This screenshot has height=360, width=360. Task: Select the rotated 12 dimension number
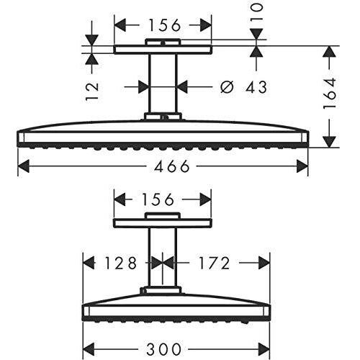(x=91, y=90)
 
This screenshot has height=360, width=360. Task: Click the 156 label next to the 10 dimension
(x=164, y=25)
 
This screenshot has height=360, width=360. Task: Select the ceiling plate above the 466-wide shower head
(x=163, y=50)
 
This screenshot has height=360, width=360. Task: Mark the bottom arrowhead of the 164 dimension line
(x=329, y=140)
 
